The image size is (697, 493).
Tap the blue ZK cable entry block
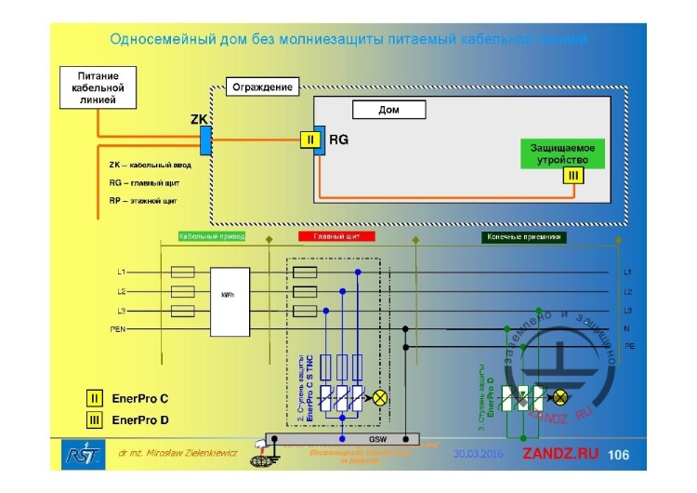tap(205, 141)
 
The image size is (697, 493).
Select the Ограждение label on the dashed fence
tap(262, 87)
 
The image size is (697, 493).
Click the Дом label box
tap(388, 110)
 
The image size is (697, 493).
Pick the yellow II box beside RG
tap(308, 141)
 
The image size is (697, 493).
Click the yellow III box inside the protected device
tap(573, 176)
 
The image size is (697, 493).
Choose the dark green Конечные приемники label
tap(524, 237)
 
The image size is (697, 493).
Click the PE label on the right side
tap(628, 346)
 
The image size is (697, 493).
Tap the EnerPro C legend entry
tap(132, 398)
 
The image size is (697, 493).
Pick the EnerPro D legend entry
tap(132, 420)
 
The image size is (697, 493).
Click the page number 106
tap(618, 455)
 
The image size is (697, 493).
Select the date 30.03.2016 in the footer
tap(477, 455)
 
